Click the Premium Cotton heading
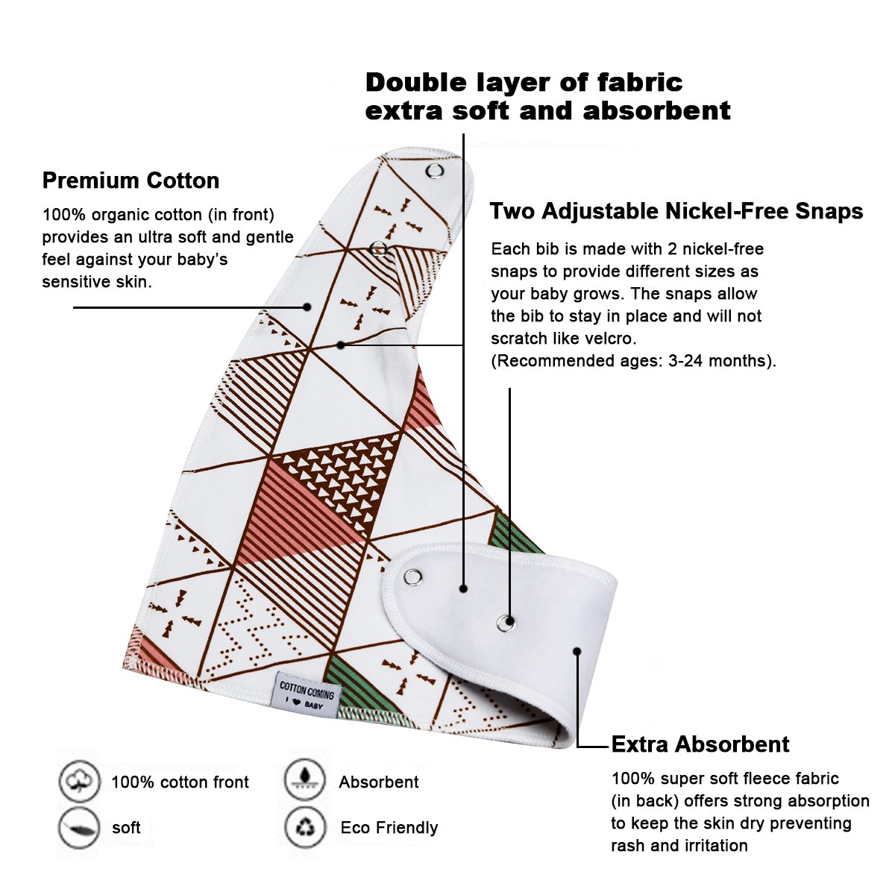coord(131,180)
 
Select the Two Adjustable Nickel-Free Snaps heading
coord(676,211)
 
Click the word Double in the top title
coord(416,83)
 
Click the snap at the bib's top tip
coord(434,172)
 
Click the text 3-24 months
coord(717,361)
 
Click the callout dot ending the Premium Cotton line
coord(307,307)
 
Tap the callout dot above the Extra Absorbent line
coord(577,651)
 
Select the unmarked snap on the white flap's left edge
coord(412,578)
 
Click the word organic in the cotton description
coord(120,215)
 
